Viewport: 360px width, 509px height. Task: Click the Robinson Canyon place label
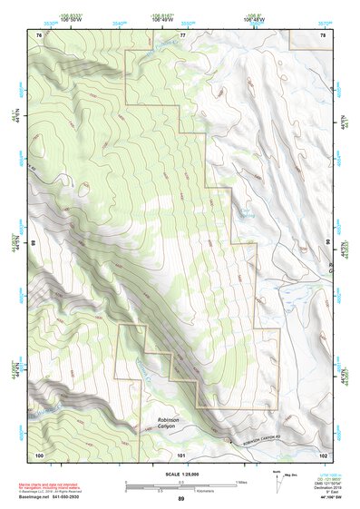(168, 423)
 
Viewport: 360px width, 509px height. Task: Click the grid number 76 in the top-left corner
(38, 34)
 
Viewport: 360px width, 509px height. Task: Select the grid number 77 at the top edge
(181, 34)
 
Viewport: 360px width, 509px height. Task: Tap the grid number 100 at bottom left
(39, 454)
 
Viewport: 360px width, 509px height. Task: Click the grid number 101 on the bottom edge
(180, 454)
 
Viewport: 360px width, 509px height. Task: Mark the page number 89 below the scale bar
(180, 500)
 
